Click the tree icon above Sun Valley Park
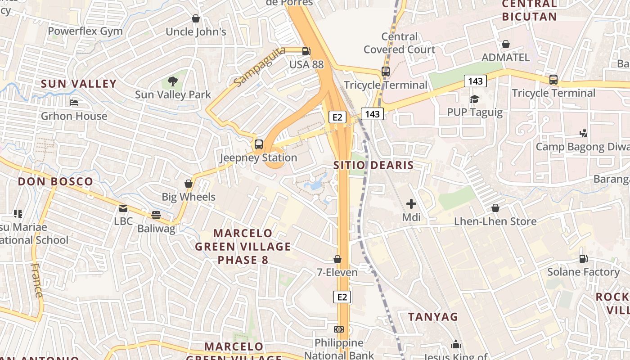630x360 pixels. tap(172, 81)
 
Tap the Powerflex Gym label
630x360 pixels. tap(85, 31)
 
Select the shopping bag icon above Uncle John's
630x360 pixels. tap(196, 18)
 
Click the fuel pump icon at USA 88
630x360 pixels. tap(306, 52)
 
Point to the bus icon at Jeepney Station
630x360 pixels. tap(258, 144)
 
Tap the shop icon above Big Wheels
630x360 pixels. tap(189, 184)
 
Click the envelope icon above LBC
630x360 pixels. tap(123, 208)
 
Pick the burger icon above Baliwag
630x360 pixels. tap(156, 215)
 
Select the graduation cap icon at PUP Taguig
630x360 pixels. tap(474, 99)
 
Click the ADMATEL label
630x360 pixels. tap(505, 58)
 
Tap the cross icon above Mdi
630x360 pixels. tap(411, 204)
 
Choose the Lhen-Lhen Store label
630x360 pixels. tap(495, 221)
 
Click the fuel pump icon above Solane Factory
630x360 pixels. tap(583, 259)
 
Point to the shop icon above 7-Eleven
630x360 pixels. tap(337, 259)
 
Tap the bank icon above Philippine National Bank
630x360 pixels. tap(339, 329)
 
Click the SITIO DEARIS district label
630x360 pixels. tap(373, 165)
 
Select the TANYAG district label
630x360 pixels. tap(432, 316)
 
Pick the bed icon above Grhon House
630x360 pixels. tap(74, 103)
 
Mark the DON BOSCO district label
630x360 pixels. tap(55, 181)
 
